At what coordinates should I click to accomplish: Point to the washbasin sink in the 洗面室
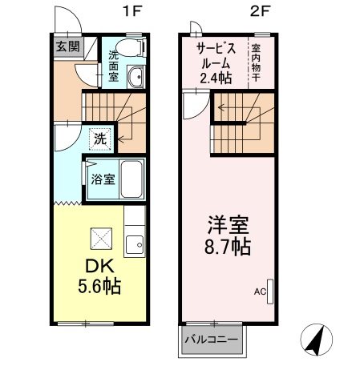pos(135,78)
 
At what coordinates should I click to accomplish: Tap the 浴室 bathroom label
pos(101,178)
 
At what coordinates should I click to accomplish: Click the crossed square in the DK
pos(100,238)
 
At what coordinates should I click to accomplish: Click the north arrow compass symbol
pos(315,344)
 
